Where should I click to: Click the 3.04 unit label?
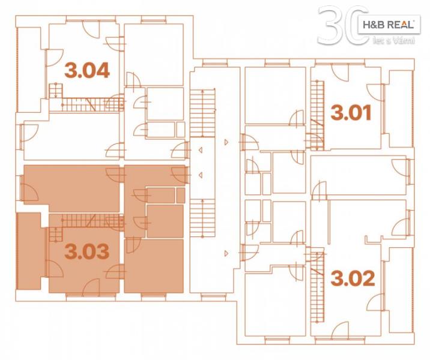87,70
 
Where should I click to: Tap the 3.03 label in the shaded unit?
87,251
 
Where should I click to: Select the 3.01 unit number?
351,113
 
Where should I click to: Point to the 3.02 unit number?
353,278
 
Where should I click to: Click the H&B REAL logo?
389,25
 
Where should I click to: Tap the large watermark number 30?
343,25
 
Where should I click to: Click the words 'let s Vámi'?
393,41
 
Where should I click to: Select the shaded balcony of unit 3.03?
29,251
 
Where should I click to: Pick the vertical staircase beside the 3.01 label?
318,115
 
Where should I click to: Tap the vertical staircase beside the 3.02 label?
318,285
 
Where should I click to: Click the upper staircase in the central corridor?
202,112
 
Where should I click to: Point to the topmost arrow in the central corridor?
226,142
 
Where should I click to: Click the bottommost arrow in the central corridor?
226,254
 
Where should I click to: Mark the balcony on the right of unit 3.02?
401,290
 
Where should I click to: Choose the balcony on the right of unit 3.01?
401,109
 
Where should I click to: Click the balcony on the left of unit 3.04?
29,70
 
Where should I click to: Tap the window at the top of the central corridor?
215,64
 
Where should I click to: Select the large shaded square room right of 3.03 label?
154,266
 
